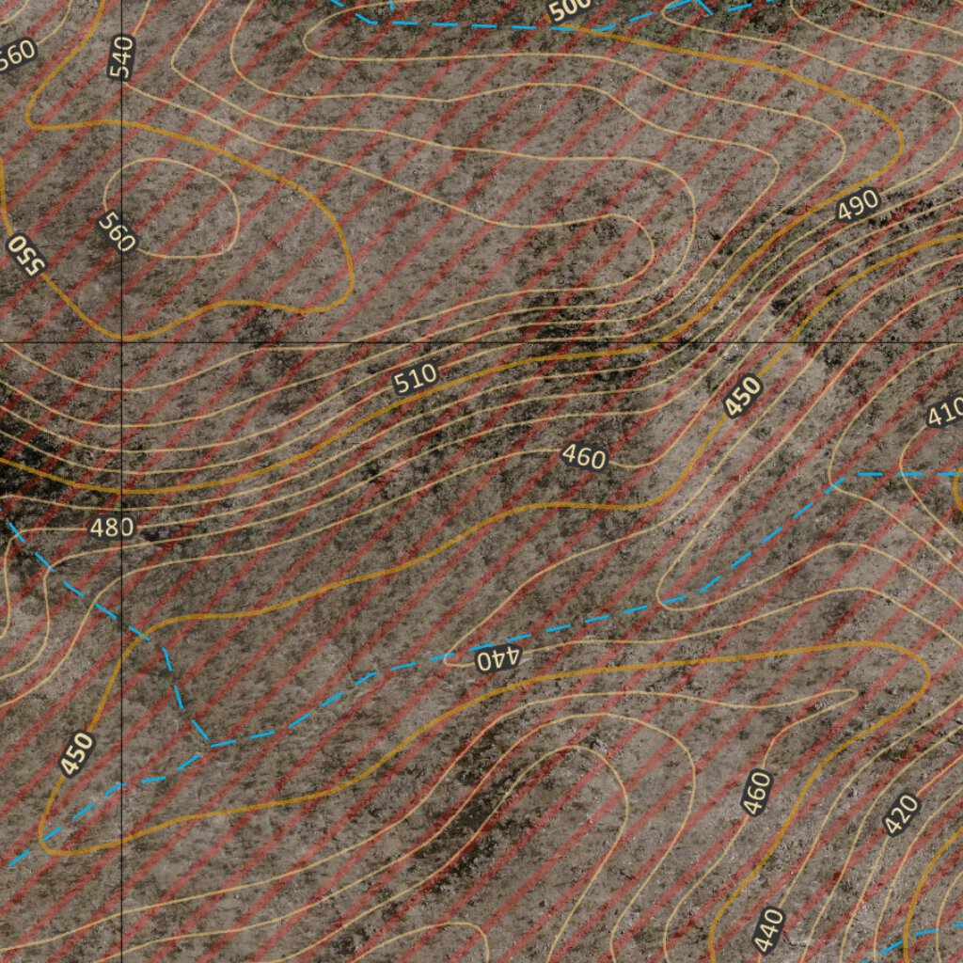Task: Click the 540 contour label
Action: pos(122,56)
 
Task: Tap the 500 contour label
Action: pos(570,9)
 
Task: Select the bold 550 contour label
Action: pos(25,255)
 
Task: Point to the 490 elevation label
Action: pos(857,204)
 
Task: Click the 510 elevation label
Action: pos(415,379)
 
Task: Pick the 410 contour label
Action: pos(945,412)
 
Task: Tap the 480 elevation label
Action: pos(111,528)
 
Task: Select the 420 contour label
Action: pos(901,814)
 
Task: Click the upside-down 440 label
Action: pos(495,657)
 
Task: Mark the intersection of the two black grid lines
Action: pos(121,340)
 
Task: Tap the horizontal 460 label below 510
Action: pos(584,457)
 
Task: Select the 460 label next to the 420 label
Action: pos(756,792)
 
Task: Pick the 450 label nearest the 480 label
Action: pos(76,753)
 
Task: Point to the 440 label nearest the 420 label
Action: pos(770,930)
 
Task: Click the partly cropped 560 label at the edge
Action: pos(16,55)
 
